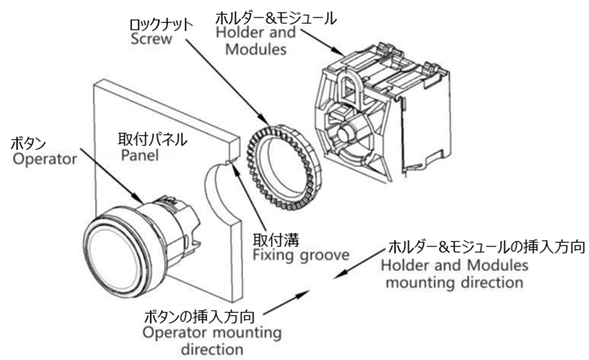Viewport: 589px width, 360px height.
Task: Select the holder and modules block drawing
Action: [x=378, y=115]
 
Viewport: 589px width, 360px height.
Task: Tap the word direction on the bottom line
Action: [x=211, y=350]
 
